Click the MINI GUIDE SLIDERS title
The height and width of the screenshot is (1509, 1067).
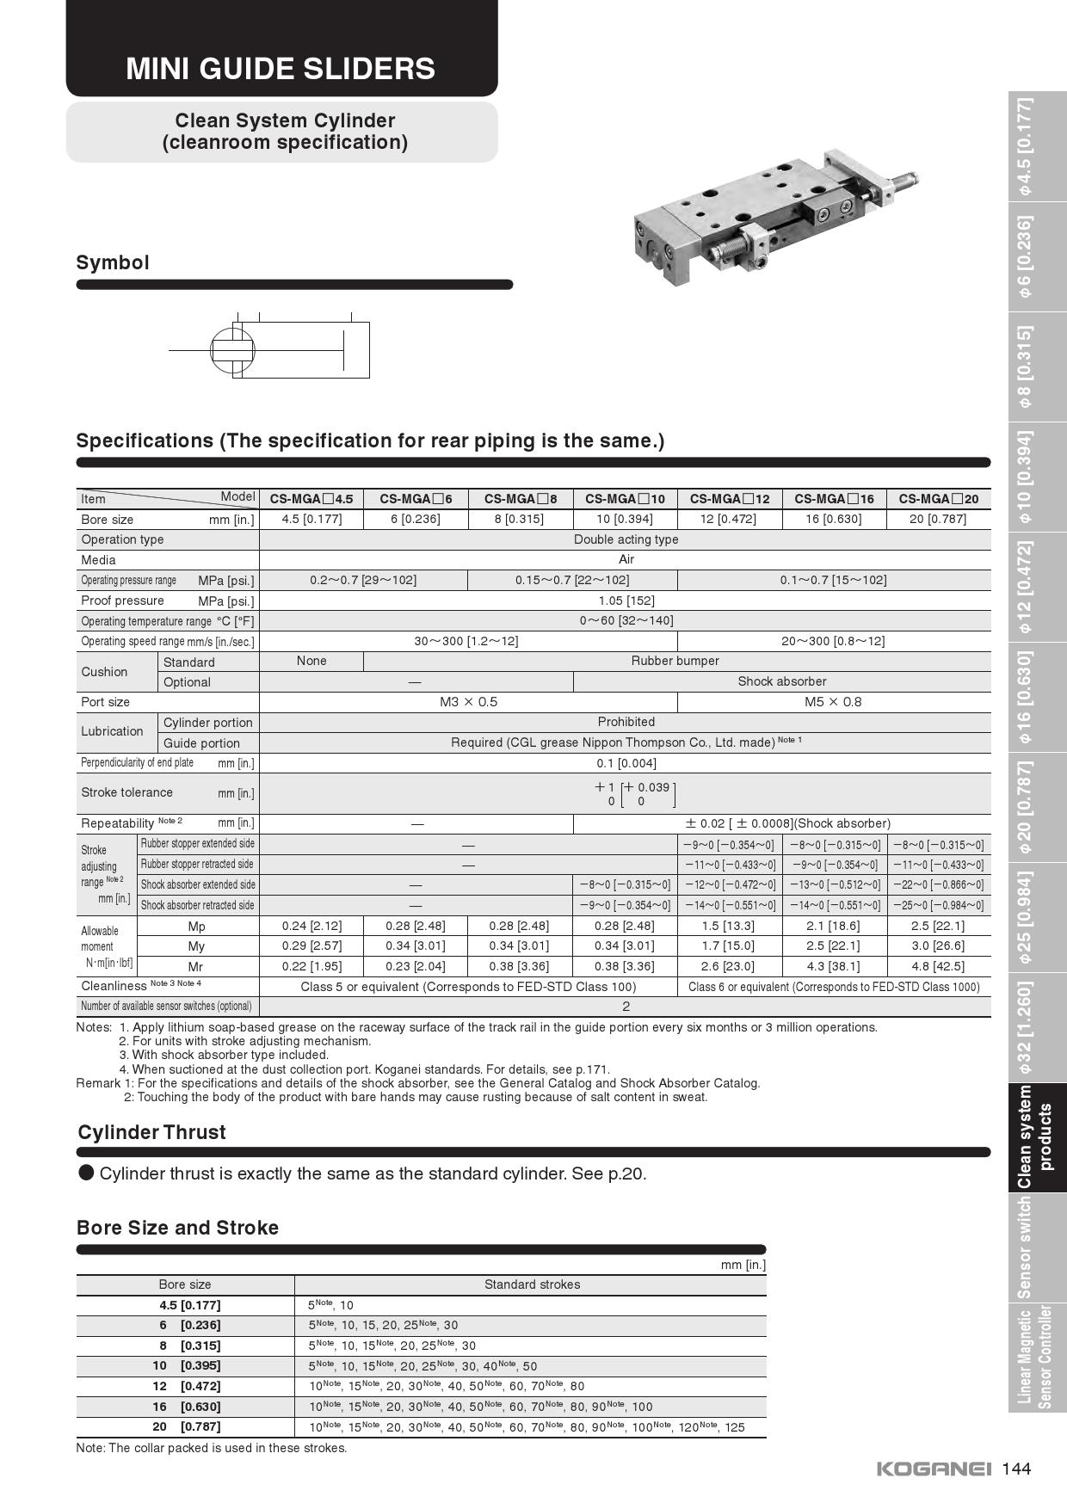click(x=281, y=69)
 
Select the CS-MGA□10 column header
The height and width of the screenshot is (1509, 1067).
click(x=625, y=499)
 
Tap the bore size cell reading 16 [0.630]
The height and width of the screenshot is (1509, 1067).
click(x=834, y=519)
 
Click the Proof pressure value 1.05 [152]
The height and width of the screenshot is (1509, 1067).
click(x=626, y=601)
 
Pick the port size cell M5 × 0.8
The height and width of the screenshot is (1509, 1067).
click(x=833, y=702)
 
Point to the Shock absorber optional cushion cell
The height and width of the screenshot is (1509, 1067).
click(x=781, y=681)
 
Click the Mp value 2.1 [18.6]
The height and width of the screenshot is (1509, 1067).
click(x=834, y=926)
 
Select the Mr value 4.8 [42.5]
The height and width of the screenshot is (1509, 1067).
click(x=938, y=966)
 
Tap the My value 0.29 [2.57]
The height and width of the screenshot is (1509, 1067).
click(x=311, y=945)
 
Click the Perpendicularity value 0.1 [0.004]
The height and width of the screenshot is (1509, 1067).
click(x=626, y=763)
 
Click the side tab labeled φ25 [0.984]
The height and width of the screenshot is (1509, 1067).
click(x=1025, y=917)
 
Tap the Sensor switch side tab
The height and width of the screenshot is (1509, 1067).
click(x=1025, y=1247)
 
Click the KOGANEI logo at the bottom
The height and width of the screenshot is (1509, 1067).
click(x=934, y=1469)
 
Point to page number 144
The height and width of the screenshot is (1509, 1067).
click(x=1016, y=1469)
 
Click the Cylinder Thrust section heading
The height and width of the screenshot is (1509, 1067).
click(x=151, y=1132)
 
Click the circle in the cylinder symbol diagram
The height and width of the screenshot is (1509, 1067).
click(x=233, y=351)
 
